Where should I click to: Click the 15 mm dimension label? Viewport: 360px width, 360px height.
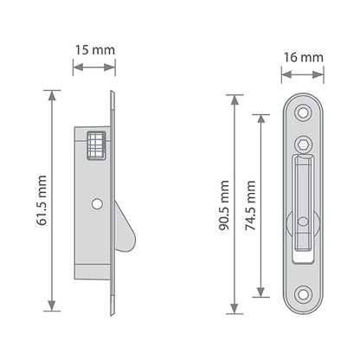pos(92,49)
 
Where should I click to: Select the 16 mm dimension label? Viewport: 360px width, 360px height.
pos(302,59)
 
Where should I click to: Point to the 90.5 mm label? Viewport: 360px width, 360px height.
pos(223,206)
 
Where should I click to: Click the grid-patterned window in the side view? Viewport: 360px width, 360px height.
pos(97,145)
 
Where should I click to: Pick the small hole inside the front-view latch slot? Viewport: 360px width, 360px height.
pos(302,222)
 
